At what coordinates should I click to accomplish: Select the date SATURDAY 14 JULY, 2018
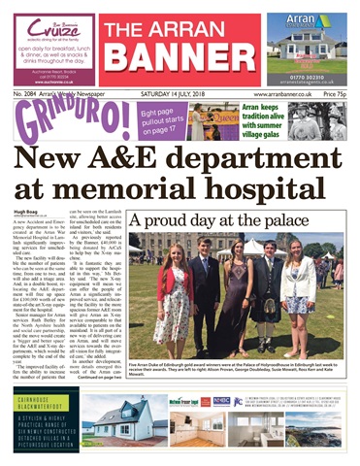[180, 93]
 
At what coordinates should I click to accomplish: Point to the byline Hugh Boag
[27, 217]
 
